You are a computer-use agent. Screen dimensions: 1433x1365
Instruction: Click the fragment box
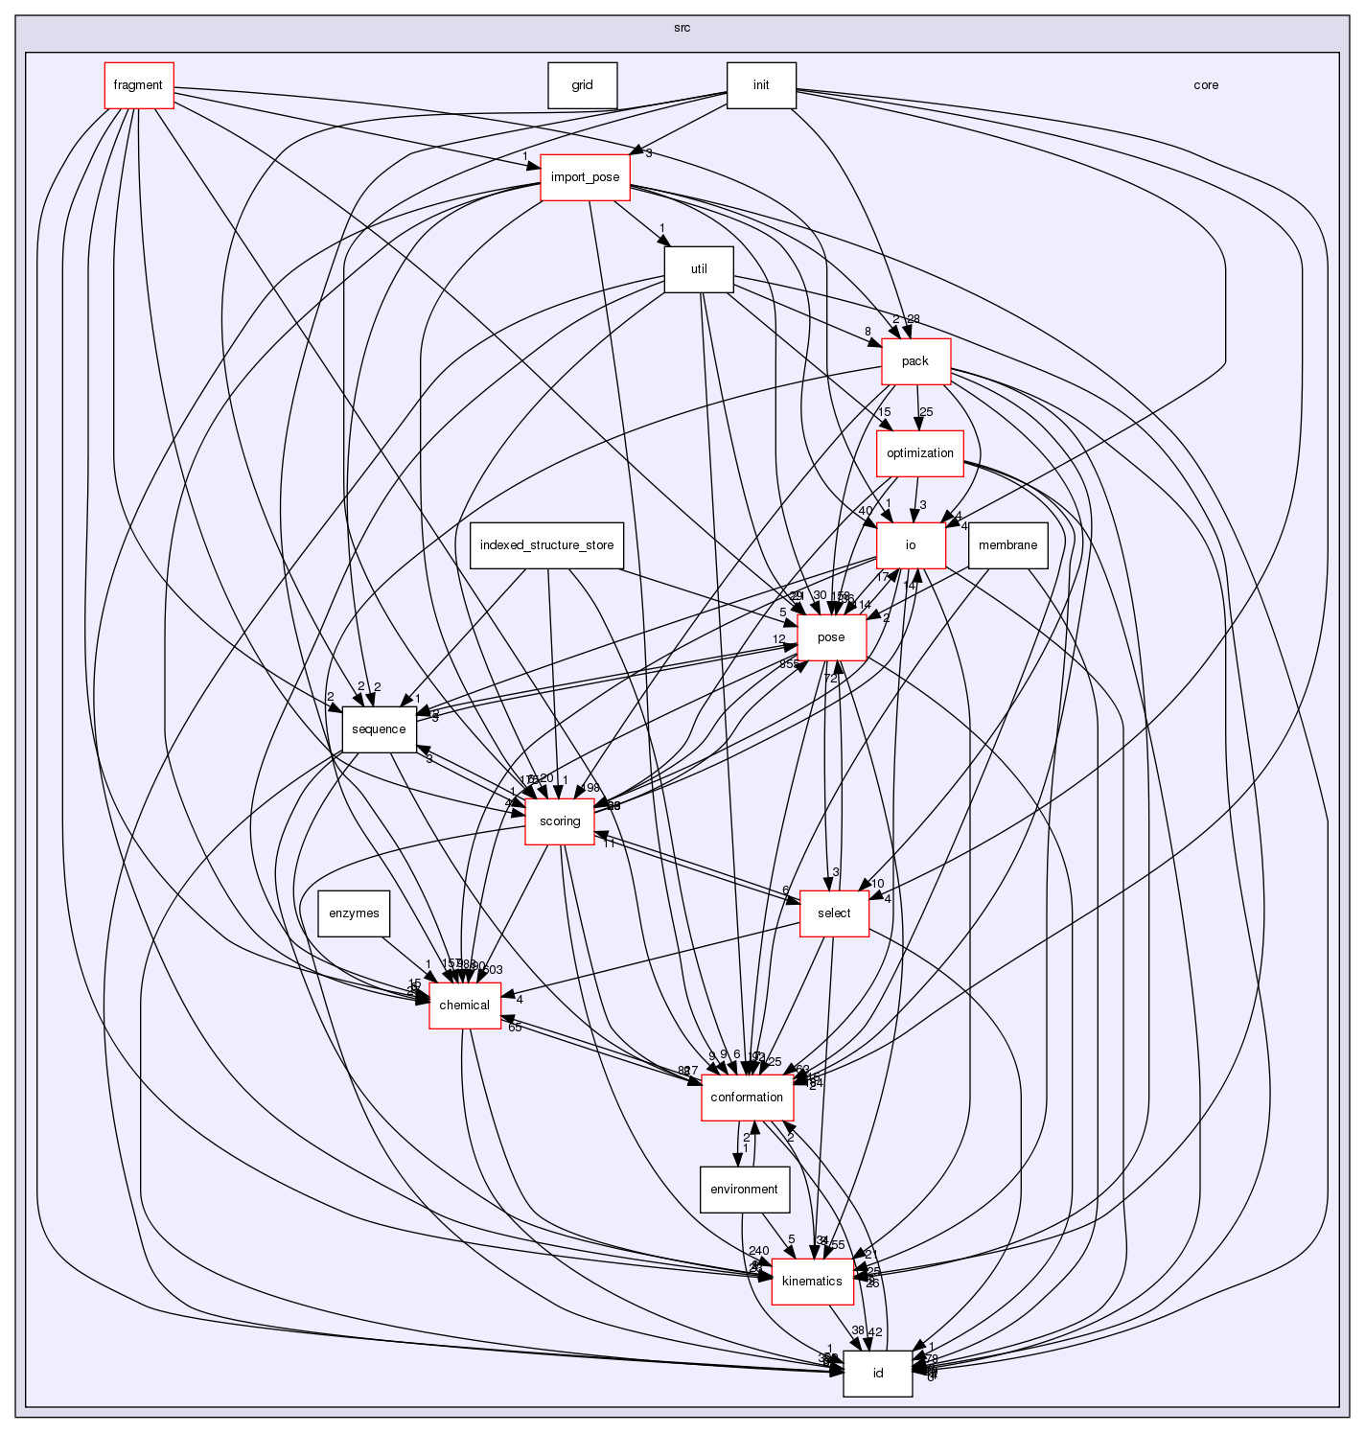[x=138, y=85]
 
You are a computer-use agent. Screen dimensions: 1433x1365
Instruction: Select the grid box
[x=582, y=85]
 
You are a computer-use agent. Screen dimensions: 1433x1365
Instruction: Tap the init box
[x=761, y=85]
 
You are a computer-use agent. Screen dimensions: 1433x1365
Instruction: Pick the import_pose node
[x=585, y=177]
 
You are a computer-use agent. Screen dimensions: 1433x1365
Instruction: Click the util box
[x=699, y=269]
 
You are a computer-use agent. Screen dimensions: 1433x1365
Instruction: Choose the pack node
[x=914, y=361]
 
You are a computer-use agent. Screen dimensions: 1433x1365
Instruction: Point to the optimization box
[x=919, y=453]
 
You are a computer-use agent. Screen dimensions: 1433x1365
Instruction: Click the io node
[x=911, y=545]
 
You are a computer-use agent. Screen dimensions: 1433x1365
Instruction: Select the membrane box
[x=1007, y=545]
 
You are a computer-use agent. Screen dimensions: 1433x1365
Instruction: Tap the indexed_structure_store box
[x=546, y=545]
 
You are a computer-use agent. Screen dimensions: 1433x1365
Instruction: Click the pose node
[x=831, y=637]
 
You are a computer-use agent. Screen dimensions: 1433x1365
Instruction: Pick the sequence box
[x=379, y=729]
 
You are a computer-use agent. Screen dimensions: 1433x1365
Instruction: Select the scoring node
[x=560, y=821]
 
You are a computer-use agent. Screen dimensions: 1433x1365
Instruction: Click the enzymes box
[x=354, y=913]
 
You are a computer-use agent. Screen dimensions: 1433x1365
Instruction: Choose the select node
[x=833, y=913]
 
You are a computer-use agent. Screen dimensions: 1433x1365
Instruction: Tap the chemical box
[x=464, y=1005]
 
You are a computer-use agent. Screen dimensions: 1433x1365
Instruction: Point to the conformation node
[x=747, y=1098]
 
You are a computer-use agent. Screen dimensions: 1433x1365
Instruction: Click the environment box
[x=744, y=1190]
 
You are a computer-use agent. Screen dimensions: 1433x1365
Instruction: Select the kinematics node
[x=812, y=1282]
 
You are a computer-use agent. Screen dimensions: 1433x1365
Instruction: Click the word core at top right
[x=1206, y=85]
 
